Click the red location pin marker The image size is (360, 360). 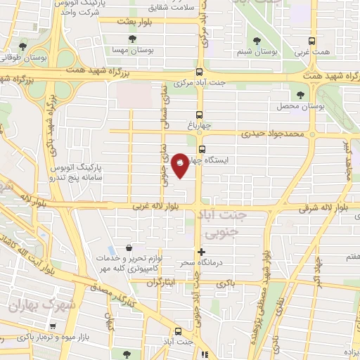pyautogui.click(x=180, y=164)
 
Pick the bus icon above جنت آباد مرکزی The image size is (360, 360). pyautogui.click(x=200, y=72)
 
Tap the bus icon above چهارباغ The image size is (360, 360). pyautogui.click(x=200, y=114)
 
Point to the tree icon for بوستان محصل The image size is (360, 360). pyautogui.click(x=300, y=94)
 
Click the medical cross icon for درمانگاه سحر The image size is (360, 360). pyautogui.click(x=202, y=252)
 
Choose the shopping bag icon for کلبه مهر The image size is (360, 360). pyautogui.click(x=129, y=247)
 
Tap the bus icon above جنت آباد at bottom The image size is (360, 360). pyautogui.click(x=177, y=331)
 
